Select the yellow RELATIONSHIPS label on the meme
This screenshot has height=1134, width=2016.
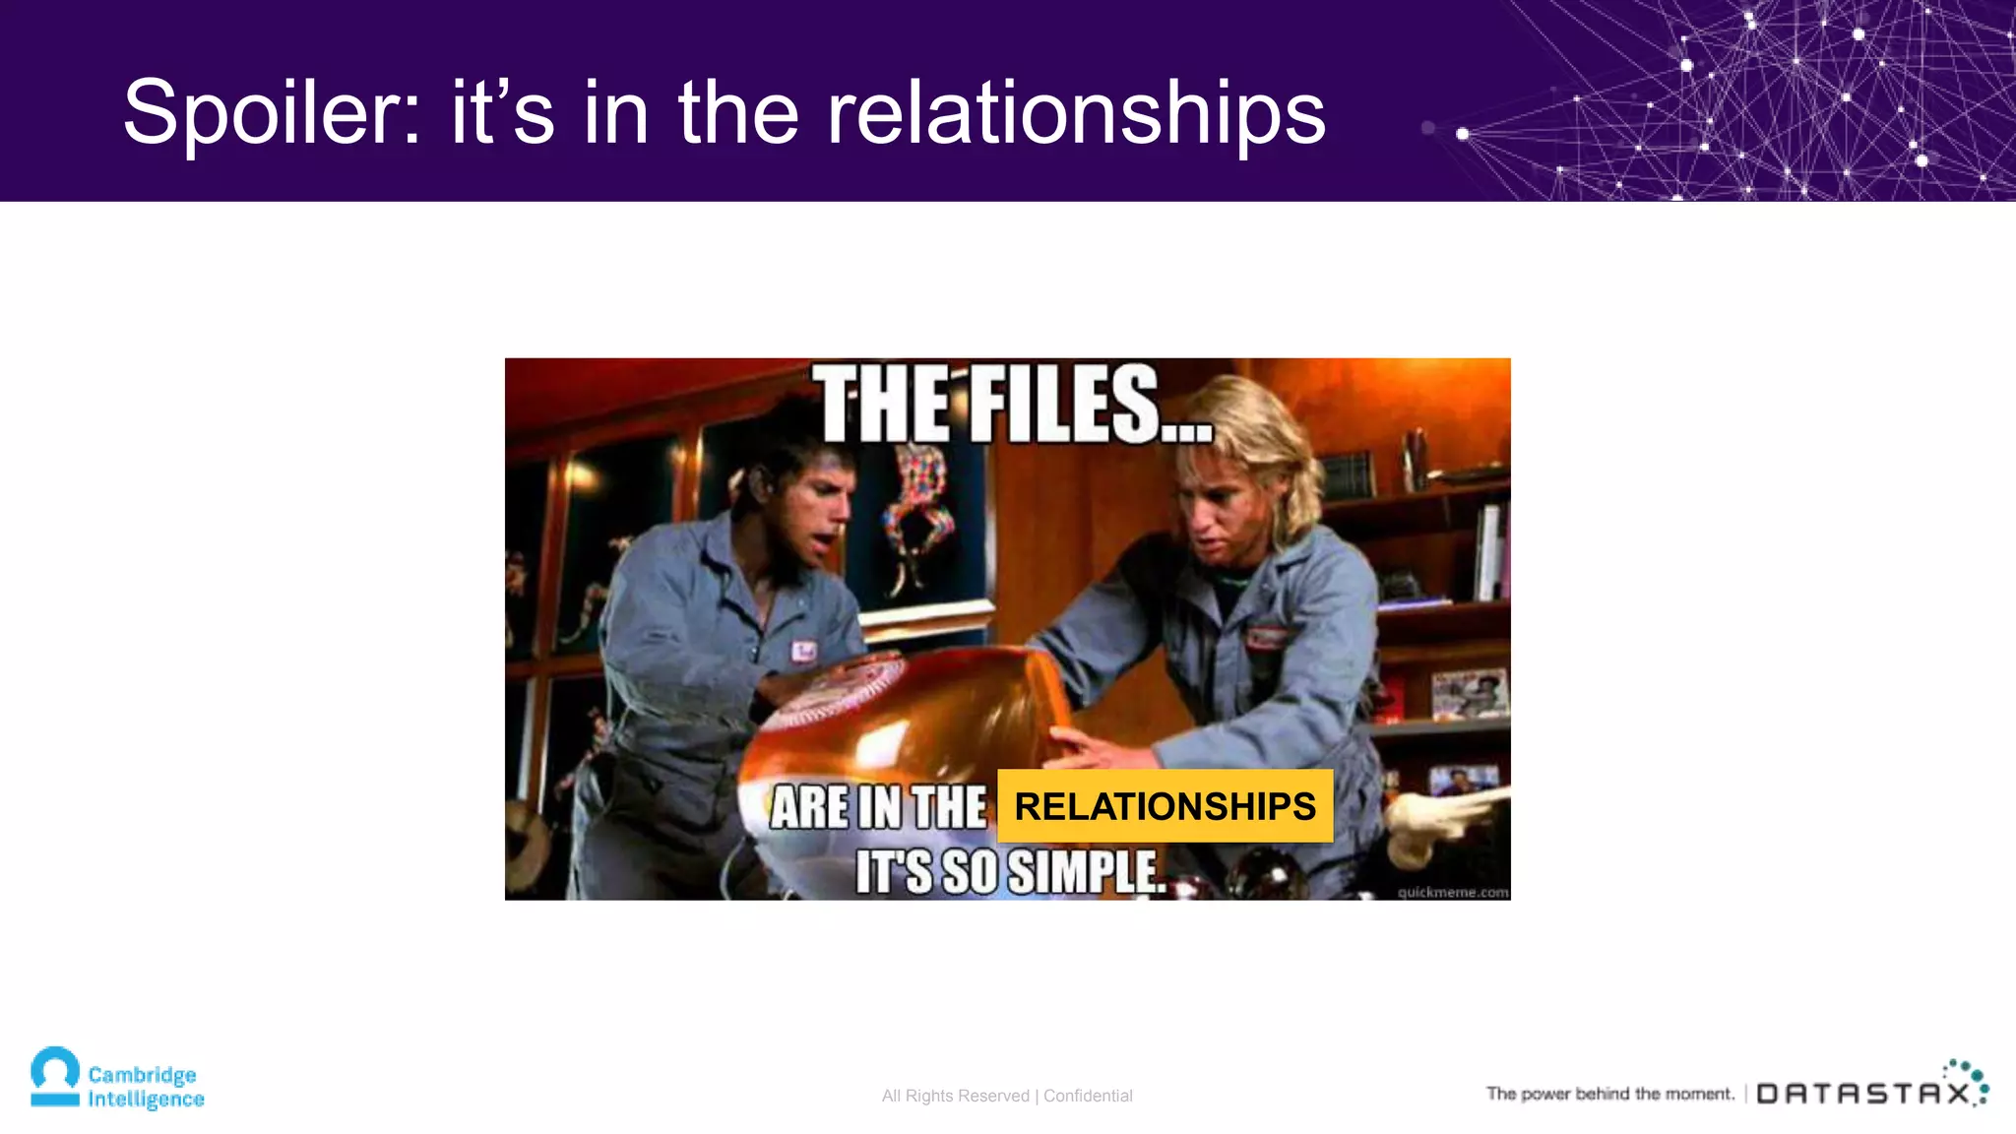1165,806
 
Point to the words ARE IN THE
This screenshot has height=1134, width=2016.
878,808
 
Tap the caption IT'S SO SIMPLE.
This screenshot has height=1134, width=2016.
1010,872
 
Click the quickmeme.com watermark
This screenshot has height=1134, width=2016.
1452,892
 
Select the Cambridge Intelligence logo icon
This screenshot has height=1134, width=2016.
55,1077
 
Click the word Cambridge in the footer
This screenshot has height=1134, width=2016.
142,1074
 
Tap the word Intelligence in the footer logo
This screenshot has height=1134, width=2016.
146,1100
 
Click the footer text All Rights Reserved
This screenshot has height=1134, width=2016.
955,1096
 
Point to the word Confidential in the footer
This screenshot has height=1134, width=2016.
1088,1096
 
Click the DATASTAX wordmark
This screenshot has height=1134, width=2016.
1862,1094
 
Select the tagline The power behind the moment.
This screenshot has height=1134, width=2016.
1609,1094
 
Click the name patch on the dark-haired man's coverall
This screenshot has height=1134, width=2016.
804,651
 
